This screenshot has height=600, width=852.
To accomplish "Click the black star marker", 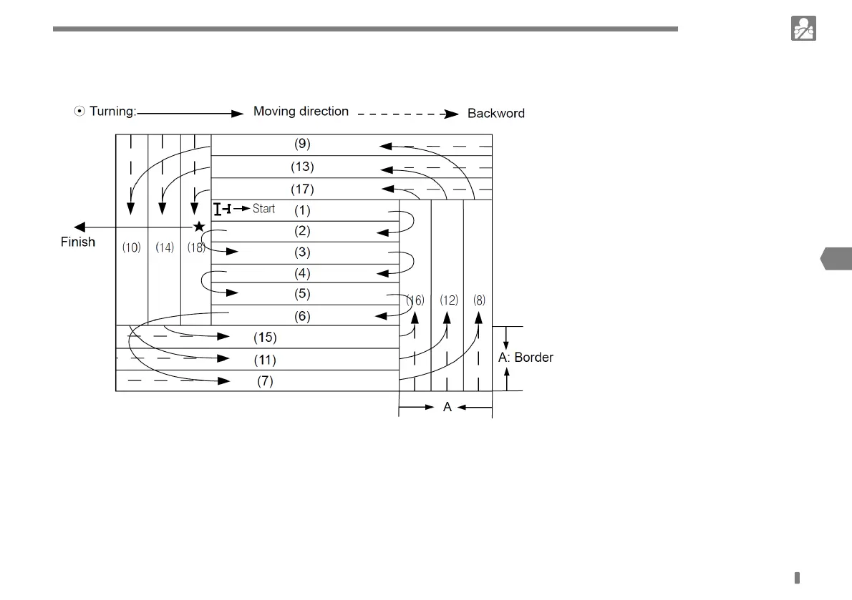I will click(199, 227).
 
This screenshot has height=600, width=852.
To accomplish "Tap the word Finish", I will click(78, 242).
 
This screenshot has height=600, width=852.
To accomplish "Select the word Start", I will click(263, 210).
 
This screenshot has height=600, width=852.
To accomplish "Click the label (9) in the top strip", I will click(303, 143).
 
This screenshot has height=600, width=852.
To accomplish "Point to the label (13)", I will click(303, 167).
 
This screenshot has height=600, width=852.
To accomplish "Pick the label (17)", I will click(303, 190).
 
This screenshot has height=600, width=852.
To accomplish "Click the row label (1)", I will click(303, 210).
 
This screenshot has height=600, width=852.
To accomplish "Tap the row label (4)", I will click(303, 272).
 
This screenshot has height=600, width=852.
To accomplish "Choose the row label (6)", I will click(303, 315).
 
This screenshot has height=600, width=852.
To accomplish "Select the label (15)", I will click(265, 337).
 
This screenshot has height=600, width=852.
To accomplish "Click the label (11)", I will click(265, 359).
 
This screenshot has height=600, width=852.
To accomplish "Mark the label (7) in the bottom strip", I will click(265, 381).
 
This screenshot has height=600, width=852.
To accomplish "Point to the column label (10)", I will click(132, 247).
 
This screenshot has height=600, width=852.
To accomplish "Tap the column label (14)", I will click(165, 247).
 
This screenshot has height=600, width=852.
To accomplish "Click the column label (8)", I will click(479, 300).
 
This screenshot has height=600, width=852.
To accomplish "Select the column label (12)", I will click(449, 300).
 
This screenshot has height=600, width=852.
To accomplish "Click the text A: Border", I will click(526, 358).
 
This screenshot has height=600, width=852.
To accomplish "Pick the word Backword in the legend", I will click(496, 113).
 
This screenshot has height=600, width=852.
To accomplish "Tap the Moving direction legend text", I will click(301, 112).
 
